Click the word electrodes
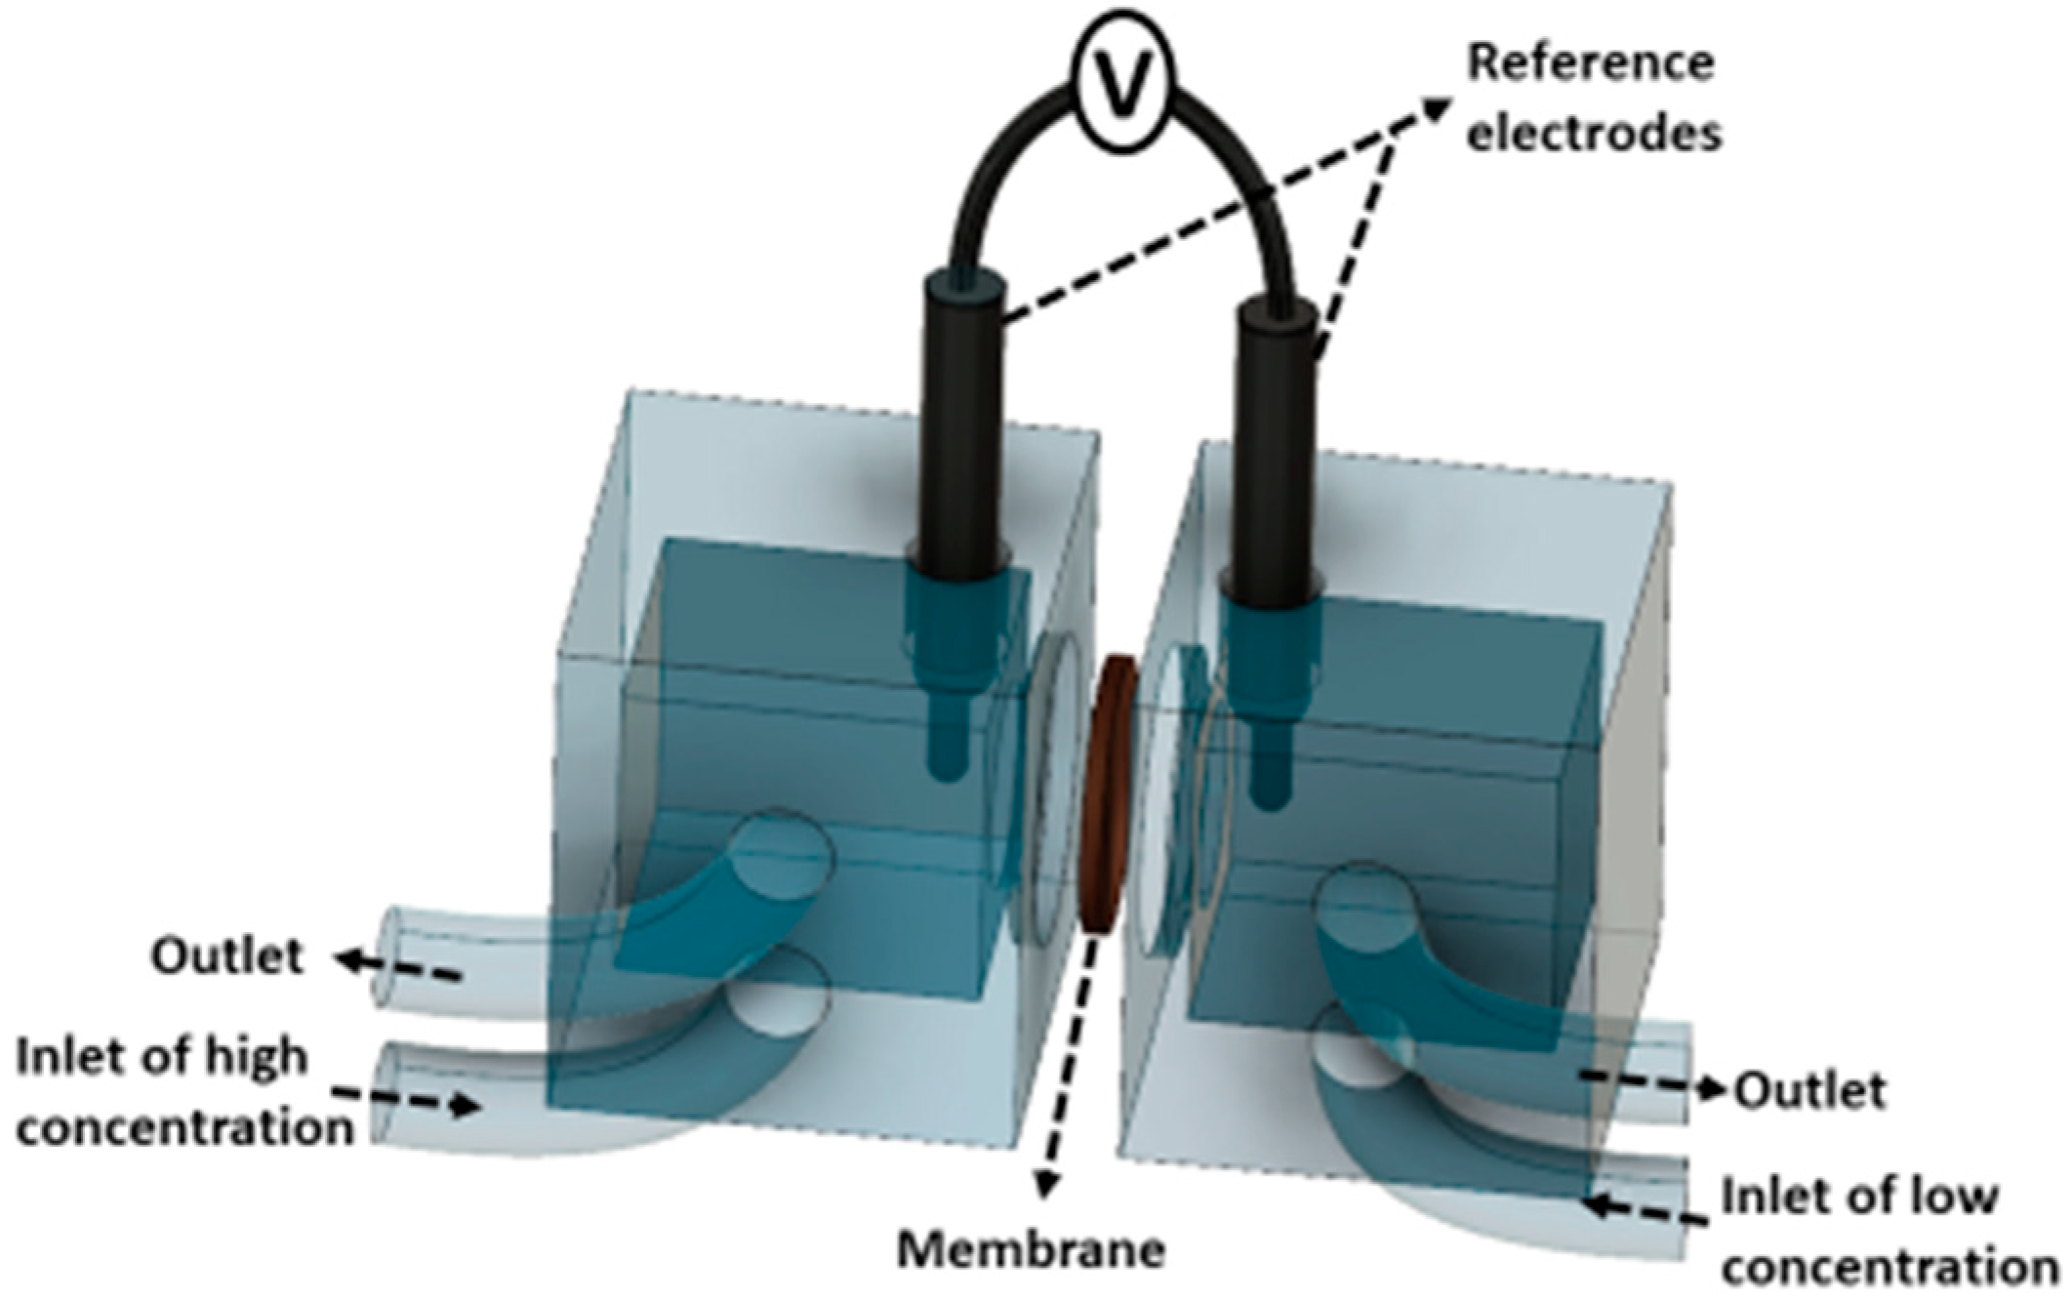point(1595,133)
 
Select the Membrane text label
point(1032,1251)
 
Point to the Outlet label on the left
point(227,956)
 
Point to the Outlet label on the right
point(1808,1090)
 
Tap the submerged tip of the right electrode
point(1268,781)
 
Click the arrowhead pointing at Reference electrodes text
point(1435,106)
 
